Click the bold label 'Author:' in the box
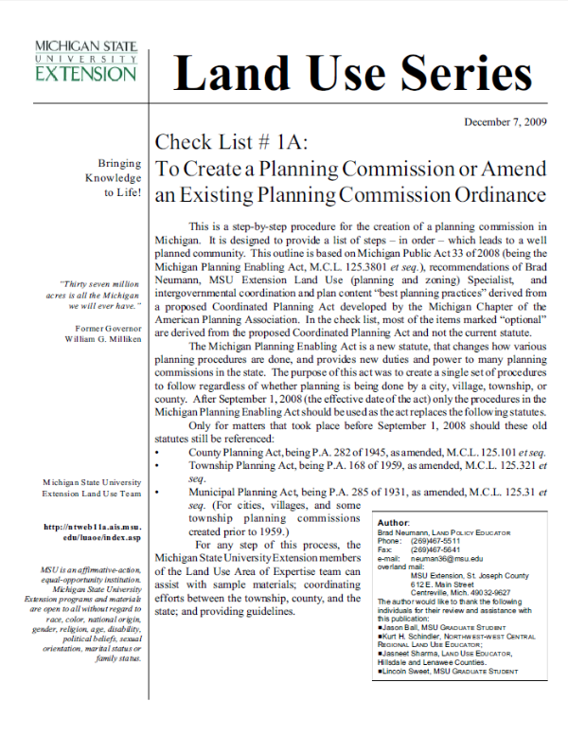pyautogui.click(x=393, y=523)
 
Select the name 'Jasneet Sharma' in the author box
pyautogui.click(x=414, y=653)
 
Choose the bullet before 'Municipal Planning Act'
pyautogui.click(x=156, y=493)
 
